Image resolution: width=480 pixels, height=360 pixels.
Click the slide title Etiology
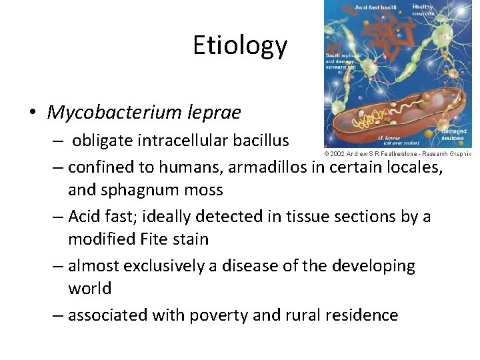pos(240,45)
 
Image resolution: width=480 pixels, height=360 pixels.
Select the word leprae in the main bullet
pos(217,112)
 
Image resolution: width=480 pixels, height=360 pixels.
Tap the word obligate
pos(103,141)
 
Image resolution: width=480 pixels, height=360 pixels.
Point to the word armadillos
pos(273,167)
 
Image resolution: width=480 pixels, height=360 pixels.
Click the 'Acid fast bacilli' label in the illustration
pos(375,7)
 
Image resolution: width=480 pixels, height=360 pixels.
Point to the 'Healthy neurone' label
pos(423,10)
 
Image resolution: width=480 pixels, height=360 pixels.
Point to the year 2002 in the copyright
pos(337,153)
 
